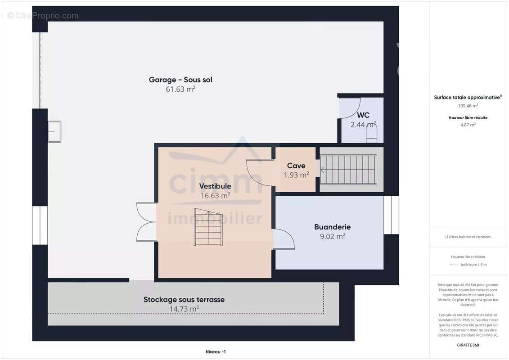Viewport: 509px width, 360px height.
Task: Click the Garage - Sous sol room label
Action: click(180, 80)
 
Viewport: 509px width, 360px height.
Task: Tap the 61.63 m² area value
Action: click(180, 89)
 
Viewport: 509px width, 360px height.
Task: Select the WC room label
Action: click(363, 115)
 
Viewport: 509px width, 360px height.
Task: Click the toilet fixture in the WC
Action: click(371, 134)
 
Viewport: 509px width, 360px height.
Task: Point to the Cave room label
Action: click(296, 166)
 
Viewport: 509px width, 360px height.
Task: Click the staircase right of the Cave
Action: click(348, 170)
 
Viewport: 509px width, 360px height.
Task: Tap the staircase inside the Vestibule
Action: click(208, 227)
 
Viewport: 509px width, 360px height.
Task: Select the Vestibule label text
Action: click(215, 186)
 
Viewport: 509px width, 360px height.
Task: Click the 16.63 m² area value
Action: click(215, 195)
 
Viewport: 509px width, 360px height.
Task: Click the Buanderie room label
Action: click(332, 227)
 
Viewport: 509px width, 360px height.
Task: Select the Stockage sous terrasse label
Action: click(184, 299)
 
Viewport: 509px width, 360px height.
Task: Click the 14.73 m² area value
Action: click(184, 309)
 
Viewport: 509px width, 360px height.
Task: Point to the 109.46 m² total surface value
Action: click(468, 106)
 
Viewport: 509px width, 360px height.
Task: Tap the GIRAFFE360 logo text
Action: click(468, 345)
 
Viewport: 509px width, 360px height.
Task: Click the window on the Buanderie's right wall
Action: click(391, 215)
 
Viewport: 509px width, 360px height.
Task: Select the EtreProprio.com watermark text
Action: click(43, 16)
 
